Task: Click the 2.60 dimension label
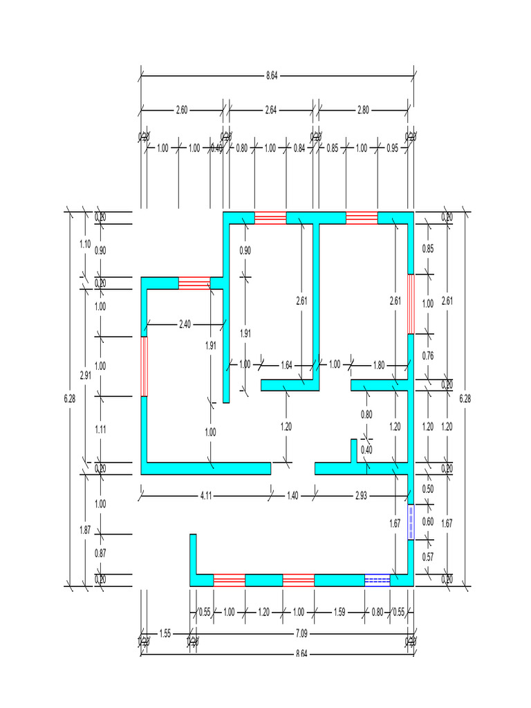coord(181,109)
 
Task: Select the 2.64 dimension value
coord(270,109)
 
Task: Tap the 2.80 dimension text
coord(363,109)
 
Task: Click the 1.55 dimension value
coord(165,633)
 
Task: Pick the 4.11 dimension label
coord(206,496)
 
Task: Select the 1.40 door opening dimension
coord(292,496)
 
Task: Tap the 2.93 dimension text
coord(362,496)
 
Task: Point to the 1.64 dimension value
coord(287,364)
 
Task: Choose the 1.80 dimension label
coord(379,364)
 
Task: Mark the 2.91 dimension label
coord(85,375)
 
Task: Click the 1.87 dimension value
coord(85,530)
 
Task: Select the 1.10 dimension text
coord(85,244)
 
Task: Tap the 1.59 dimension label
coord(339,612)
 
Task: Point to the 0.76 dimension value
coord(428,356)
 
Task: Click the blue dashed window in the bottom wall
coord(378,580)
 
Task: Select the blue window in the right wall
coord(411,521)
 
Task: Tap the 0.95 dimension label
coord(392,148)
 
